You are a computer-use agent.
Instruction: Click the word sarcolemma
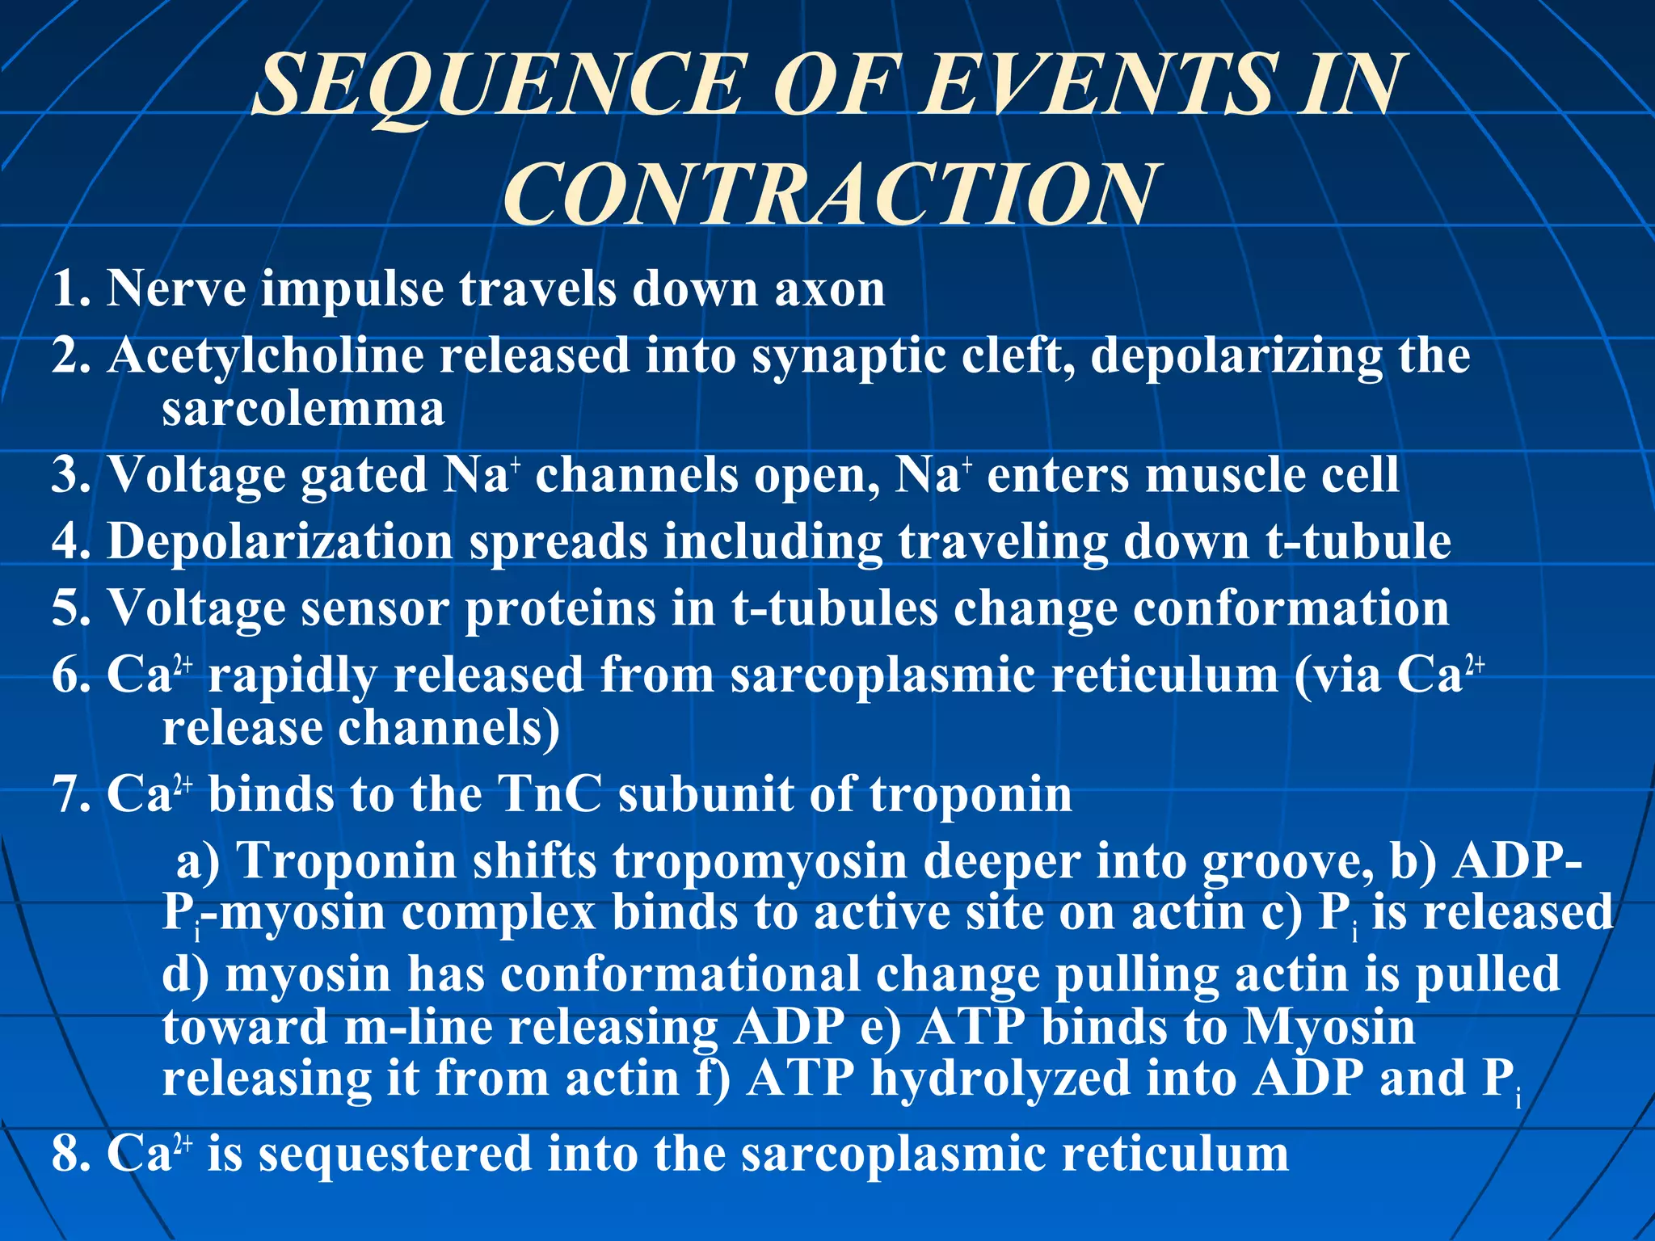[x=303, y=409]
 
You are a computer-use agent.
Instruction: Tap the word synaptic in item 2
[x=849, y=357]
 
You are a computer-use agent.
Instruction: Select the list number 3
[x=68, y=475]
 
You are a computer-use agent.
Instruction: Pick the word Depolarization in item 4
[x=280, y=542]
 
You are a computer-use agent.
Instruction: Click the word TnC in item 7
[x=550, y=795]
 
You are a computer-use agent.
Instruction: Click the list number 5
[x=68, y=609]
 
